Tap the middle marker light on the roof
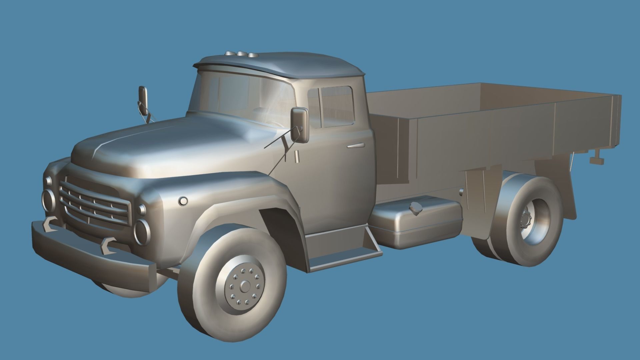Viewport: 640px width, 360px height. [x=240, y=54]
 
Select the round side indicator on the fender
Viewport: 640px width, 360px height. [x=183, y=201]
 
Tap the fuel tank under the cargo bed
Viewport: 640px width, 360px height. [x=417, y=223]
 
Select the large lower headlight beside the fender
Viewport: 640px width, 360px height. [x=143, y=231]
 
